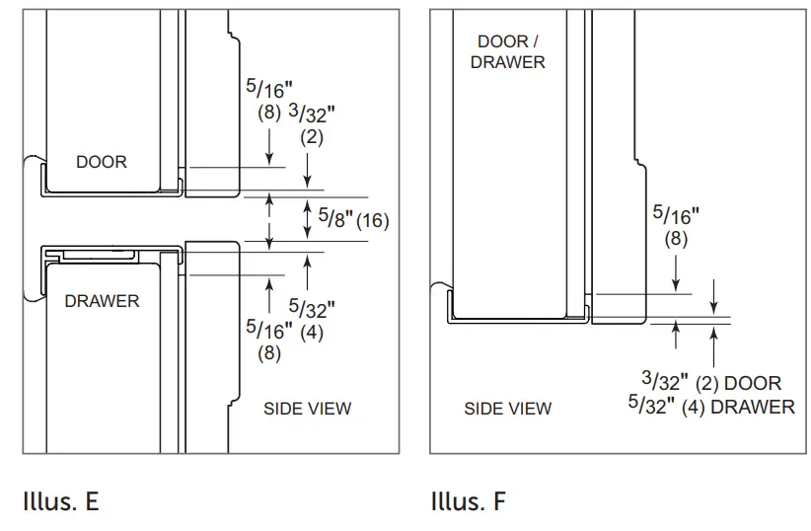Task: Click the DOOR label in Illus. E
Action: point(102,161)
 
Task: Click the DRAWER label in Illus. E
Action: point(102,301)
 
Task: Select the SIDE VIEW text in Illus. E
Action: point(307,409)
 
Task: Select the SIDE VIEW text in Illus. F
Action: point(508,409)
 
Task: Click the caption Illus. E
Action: point(60,501)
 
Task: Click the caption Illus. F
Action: point(468,501)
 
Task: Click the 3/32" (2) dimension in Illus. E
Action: point(311,124)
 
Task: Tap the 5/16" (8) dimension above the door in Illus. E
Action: point(269,99)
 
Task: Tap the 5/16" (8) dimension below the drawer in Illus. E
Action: point(269,337)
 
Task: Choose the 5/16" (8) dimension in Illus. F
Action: point(677,224)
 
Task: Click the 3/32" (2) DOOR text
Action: point(710,382)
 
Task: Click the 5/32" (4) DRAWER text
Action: point(710,406)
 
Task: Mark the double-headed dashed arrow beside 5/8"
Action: point(270,219)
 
